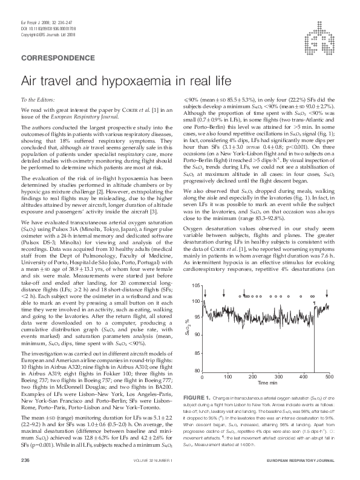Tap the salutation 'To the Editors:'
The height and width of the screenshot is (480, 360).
38,99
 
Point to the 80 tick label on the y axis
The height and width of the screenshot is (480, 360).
197,370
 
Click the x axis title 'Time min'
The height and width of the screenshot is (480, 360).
267,383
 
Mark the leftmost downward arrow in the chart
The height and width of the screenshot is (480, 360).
207,296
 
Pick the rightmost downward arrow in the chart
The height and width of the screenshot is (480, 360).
315,296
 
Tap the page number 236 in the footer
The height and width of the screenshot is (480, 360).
25,461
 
